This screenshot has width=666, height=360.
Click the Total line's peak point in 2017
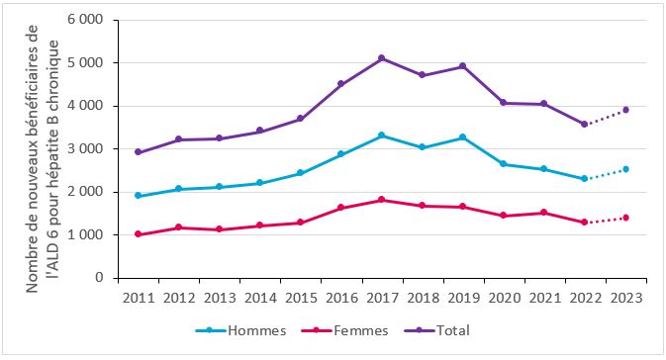pyautogui.click(x=382, y=58)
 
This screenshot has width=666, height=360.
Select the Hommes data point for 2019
pyautogui.click(x=463, y=137)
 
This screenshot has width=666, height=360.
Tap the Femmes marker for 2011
pyautogui.click(x=139, y=234)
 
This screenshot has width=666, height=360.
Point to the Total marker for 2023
pyautogui.click(x=625, y=110)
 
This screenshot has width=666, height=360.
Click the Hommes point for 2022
pyautogui.click(x=585, y=179)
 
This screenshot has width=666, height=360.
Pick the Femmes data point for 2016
pyautogui.click(x=341, y=208)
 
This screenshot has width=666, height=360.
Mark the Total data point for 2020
pyautogui.click(x=504, y=103)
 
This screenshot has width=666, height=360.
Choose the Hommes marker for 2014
pyautogui.click(x=260, y=183)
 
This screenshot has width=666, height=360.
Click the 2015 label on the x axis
pyautogui.click(x=301, y=297)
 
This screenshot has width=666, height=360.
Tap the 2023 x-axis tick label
pyautogui.click(x=625, y=297)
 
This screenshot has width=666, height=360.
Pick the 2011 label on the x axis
pyautogui.click(x=139, y=297)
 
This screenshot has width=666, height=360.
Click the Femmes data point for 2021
pyautogui.click(x=544, y=213)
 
